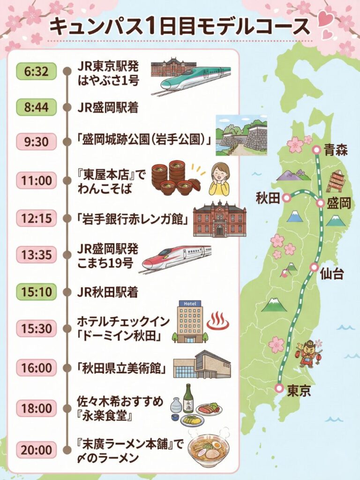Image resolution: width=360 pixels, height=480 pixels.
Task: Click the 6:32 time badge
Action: point(36,72)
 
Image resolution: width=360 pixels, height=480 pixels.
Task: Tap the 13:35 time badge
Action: point(36,255)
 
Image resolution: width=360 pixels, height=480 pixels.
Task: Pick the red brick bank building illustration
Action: point(219,218)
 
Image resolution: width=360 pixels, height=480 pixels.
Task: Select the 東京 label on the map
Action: point(299,390)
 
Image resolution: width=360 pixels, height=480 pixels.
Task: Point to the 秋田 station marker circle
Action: point(286,198)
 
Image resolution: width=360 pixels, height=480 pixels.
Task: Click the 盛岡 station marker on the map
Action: point(320,203)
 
